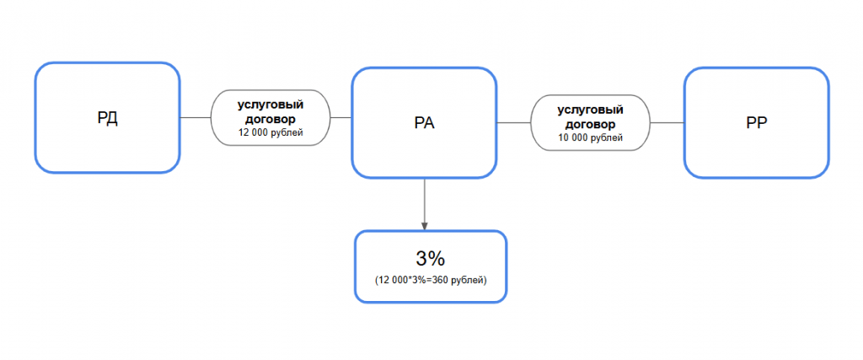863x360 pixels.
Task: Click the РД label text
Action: [107, 118]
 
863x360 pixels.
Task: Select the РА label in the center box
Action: [425, 123]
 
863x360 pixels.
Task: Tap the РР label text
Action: [757, 123]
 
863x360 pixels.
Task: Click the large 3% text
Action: [431, 258]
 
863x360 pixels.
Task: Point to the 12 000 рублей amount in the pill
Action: [271, 132]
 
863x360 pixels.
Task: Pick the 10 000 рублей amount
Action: [590, 137]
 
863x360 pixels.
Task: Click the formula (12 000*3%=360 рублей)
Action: [431, 280]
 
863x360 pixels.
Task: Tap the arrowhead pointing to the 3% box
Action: [425, 227]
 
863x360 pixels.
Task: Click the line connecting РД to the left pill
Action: [196, 117]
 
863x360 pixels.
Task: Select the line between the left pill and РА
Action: [340, 117]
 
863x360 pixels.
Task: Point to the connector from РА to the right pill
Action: [513, 122]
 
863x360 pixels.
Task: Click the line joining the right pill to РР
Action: [667, 122]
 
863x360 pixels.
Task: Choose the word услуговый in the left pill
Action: [271, 105]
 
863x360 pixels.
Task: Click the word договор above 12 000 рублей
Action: [271, 119]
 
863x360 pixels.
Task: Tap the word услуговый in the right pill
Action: [590, 110]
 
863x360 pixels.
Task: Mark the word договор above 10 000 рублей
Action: [590, 124]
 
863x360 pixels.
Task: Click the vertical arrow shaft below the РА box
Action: [425, 201]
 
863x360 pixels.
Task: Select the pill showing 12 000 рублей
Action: [271, 117]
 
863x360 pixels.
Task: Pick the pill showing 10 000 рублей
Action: [590, 122]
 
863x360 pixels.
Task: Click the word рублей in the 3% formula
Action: [467, 281]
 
